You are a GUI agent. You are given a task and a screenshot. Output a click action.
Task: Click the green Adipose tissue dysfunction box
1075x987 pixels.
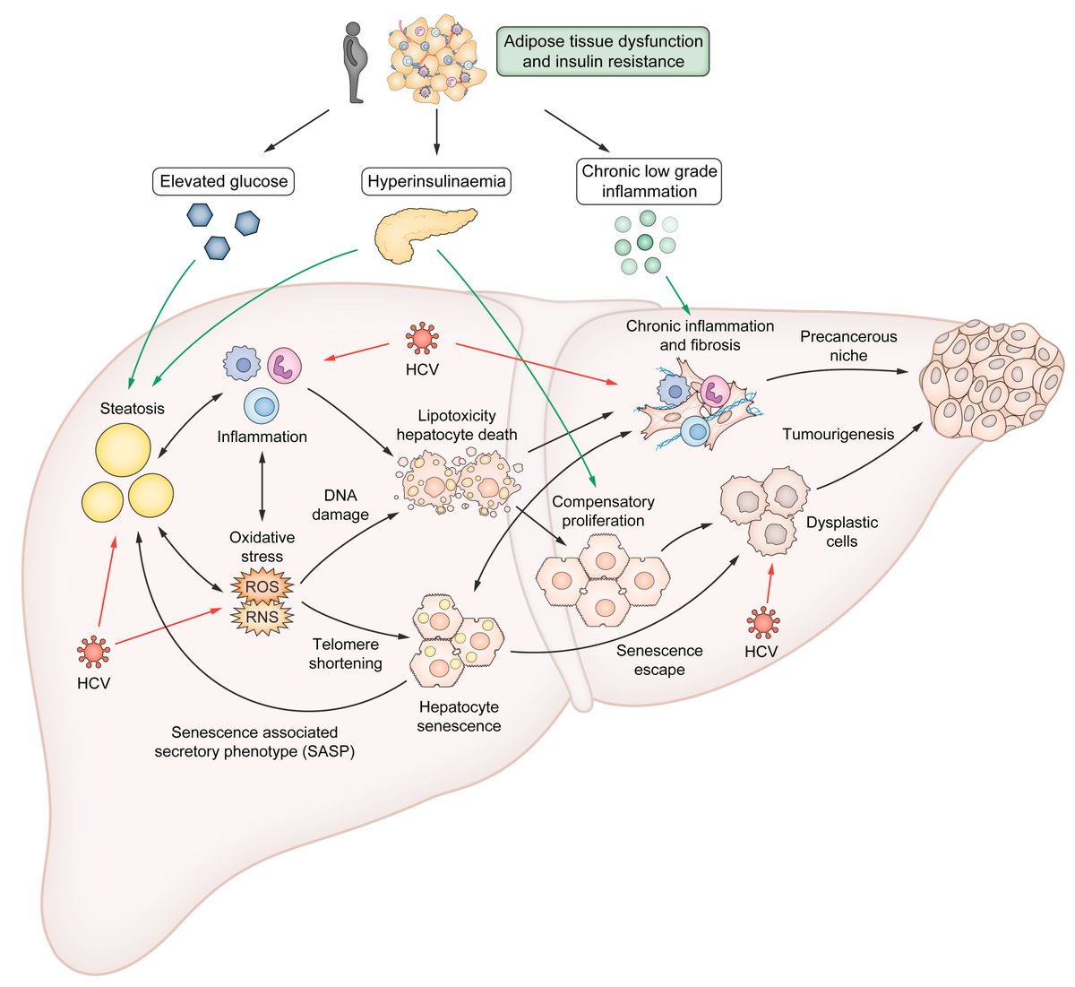(x=603, y=51)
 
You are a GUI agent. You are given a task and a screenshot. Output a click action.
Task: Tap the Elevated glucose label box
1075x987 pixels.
(x=224, y=181)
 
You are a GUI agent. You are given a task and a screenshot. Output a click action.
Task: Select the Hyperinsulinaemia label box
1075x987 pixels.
(x=436, y=181)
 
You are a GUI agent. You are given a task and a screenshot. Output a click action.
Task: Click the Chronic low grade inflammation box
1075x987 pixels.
(x=649, y=181)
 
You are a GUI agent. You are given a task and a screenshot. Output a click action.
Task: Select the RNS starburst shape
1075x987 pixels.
(x=262, y=616)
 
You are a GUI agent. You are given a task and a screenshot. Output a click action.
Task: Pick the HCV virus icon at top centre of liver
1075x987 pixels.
(x=421, y=339)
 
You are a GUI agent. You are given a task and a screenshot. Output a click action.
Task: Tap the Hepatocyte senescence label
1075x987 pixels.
(x=459, y=716)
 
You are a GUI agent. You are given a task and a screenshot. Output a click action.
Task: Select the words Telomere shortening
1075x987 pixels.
(x=346, y=654)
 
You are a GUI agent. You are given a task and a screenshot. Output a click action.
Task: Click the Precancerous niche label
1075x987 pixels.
(x=847, y=346)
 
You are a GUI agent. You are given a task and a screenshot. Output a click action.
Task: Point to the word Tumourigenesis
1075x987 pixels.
(x=838, y=435)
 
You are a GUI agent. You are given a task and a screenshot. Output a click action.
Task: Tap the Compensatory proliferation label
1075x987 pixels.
(x=603, y=511)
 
